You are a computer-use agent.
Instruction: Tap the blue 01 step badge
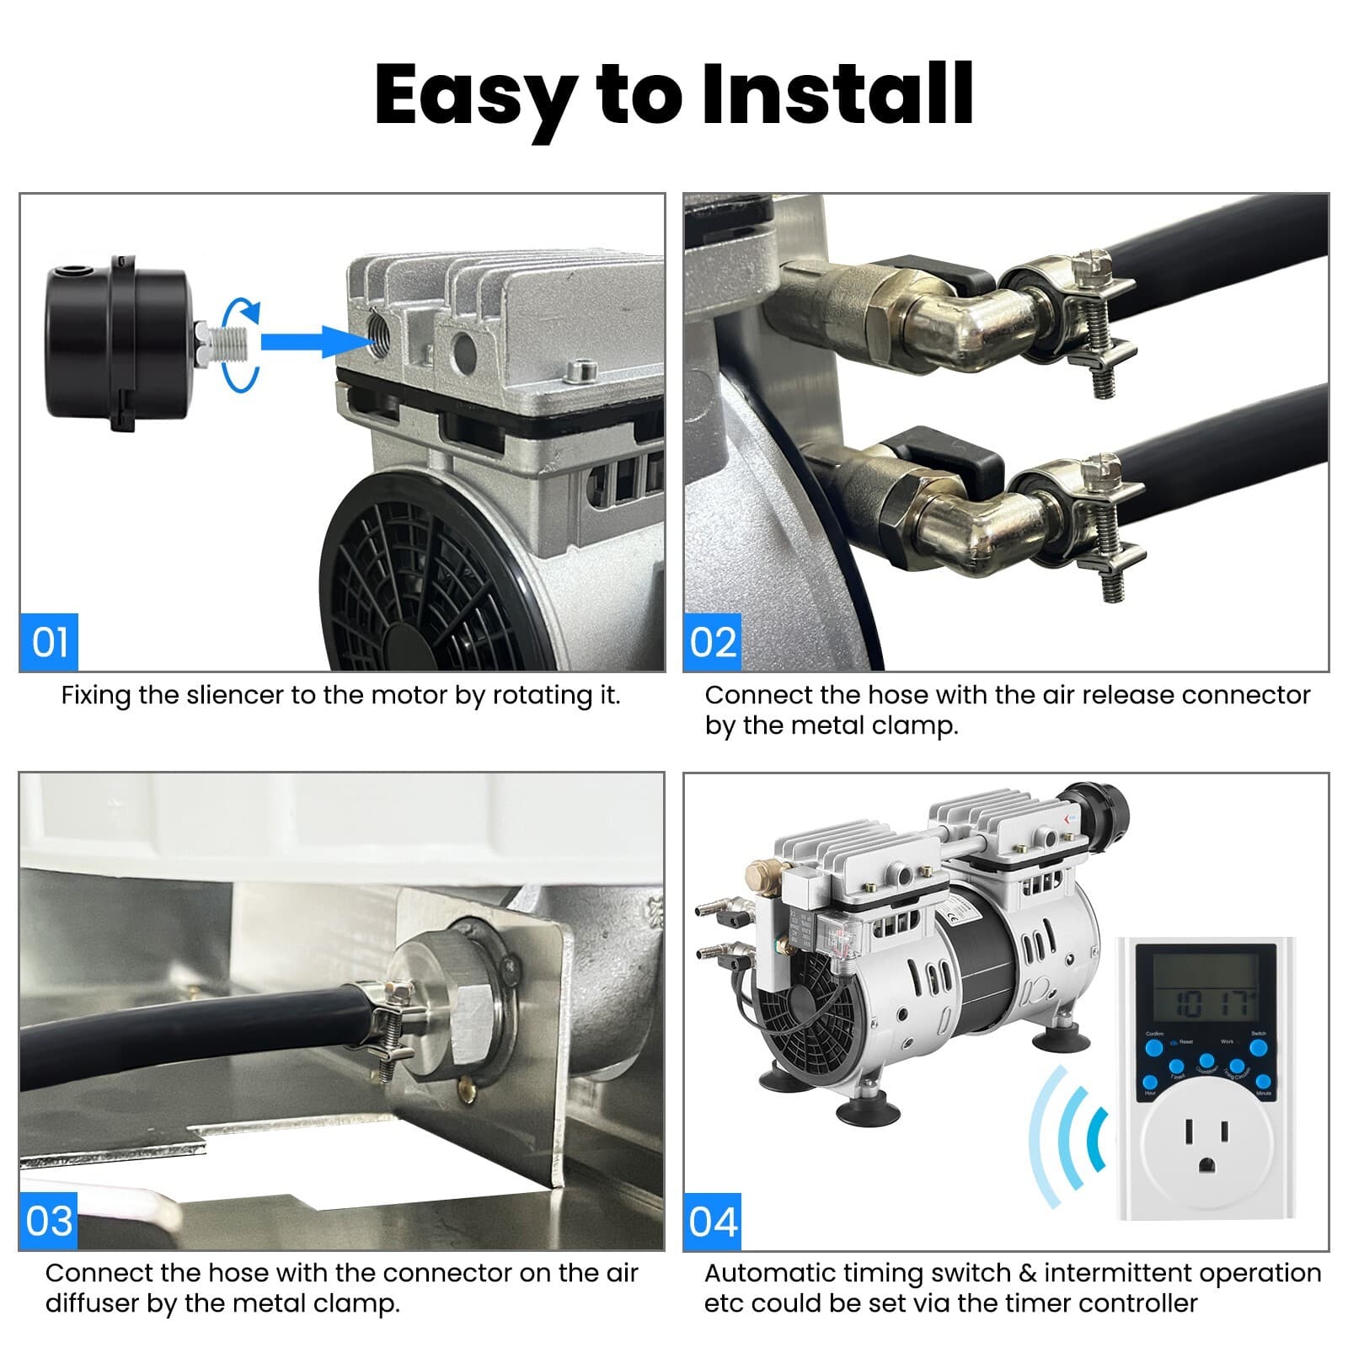click(49, 642)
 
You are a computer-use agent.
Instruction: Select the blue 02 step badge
click(713, 642)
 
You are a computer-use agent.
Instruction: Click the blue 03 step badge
click(49, 1221)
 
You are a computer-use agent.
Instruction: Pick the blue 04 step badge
click(713, 1221)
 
